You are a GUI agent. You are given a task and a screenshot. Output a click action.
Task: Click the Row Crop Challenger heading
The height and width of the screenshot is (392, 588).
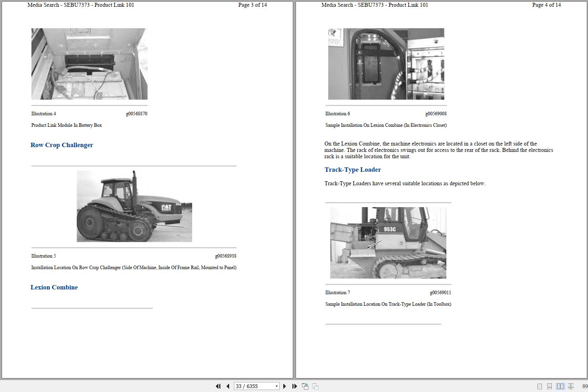62,145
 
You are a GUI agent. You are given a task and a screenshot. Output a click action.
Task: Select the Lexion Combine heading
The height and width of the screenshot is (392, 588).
54,287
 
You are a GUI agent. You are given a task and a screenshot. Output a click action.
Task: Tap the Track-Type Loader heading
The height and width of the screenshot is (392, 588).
352,170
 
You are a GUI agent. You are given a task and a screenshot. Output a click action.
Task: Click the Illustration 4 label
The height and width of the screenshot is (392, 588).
44,114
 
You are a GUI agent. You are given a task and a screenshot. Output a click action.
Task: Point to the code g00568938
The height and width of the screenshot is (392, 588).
226,256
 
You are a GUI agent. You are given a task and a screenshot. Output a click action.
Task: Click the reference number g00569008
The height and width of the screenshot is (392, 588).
436,114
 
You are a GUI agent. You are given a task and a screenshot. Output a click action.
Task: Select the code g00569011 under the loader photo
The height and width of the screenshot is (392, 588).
440,293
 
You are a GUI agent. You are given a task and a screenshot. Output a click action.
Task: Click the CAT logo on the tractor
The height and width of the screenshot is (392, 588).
166,208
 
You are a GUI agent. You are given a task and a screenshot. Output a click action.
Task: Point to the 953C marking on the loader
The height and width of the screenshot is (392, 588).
389,229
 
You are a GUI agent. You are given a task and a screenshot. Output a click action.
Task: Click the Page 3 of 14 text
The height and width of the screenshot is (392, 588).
252,5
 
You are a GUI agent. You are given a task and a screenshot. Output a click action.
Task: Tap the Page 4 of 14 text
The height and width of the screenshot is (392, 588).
546,5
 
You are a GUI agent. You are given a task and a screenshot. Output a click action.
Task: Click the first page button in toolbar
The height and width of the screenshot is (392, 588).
218,386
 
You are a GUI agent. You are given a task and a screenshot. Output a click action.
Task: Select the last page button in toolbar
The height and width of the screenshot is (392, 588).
294,386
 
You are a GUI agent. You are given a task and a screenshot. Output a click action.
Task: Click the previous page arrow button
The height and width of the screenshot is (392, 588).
228,386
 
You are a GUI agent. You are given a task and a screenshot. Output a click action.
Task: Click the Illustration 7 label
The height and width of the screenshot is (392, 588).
337,293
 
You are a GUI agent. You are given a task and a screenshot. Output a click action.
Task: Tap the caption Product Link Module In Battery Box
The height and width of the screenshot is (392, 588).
66,125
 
